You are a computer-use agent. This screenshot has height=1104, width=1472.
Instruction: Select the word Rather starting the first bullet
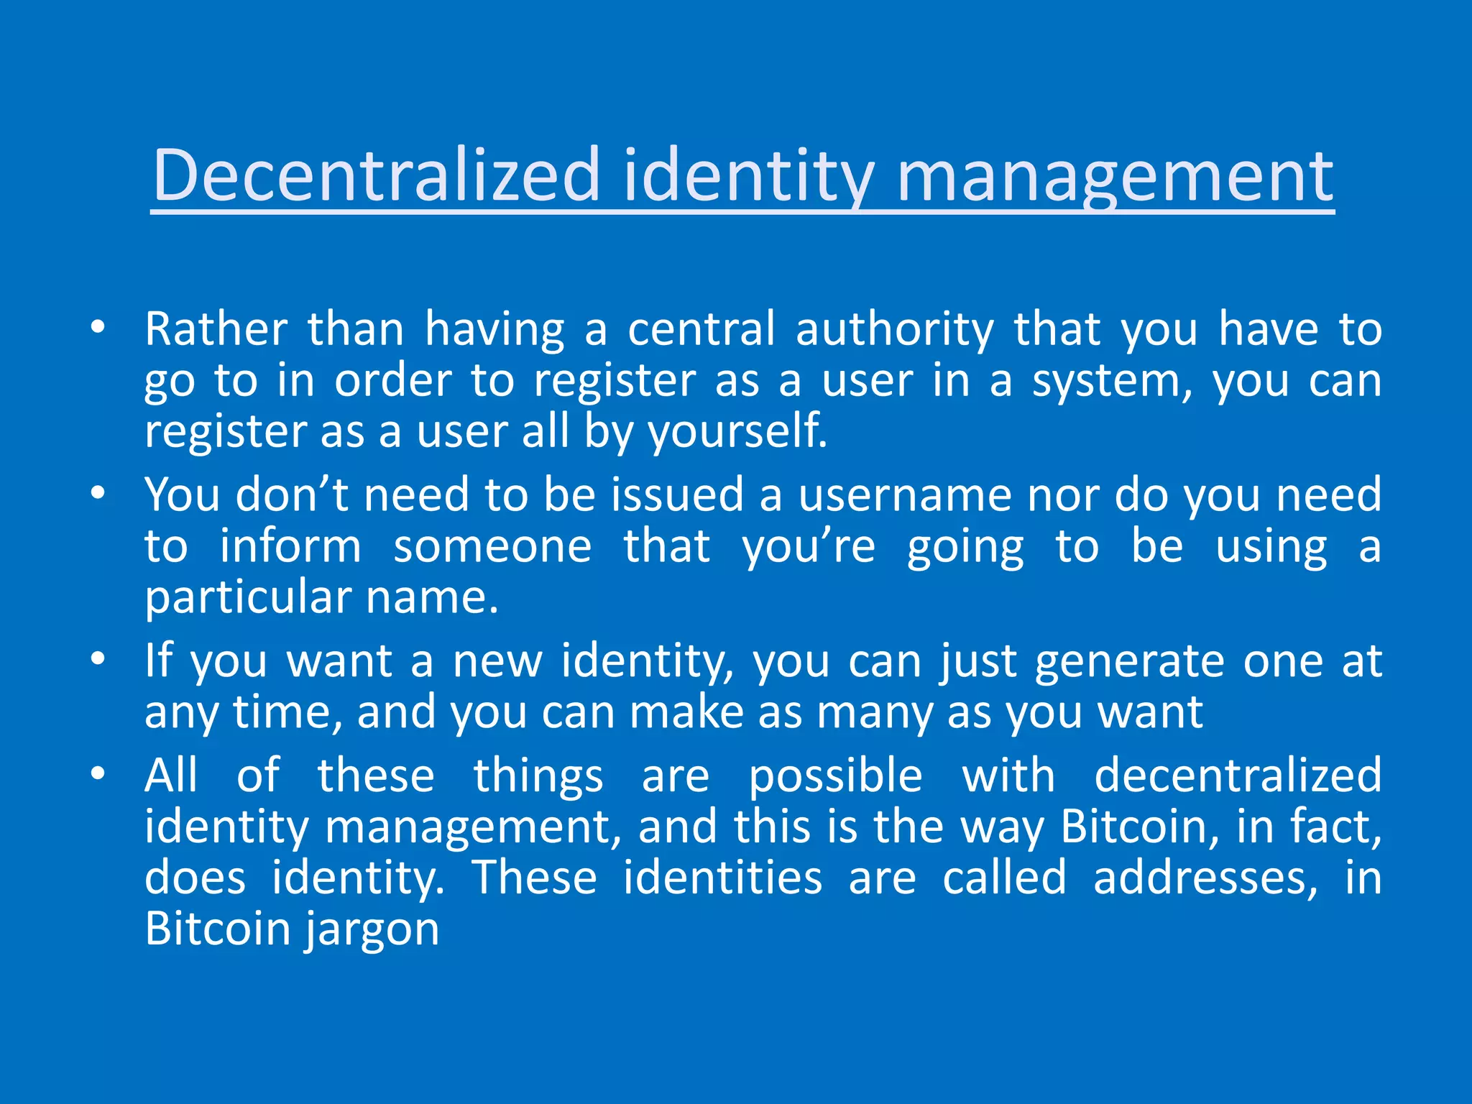[x=216, y=329]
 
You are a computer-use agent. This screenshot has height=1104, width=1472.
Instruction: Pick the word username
[x=905, y=494]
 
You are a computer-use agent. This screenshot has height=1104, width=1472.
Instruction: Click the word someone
[x=492, y=546]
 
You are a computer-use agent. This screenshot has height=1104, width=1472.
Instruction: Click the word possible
[x=835, y=777]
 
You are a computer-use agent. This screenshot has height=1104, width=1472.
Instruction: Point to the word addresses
[x=1205, y=878]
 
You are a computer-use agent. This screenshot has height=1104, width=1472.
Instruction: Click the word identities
[x=722, y=878]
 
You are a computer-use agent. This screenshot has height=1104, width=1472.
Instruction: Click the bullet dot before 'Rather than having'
[x=98, y=328]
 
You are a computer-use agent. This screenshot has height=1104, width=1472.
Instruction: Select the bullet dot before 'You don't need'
[x=98, y=493]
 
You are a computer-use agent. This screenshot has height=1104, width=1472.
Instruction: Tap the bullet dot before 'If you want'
[x=98, y=658]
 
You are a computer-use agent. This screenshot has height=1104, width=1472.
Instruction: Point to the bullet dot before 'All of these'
[x=98, y=773]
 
